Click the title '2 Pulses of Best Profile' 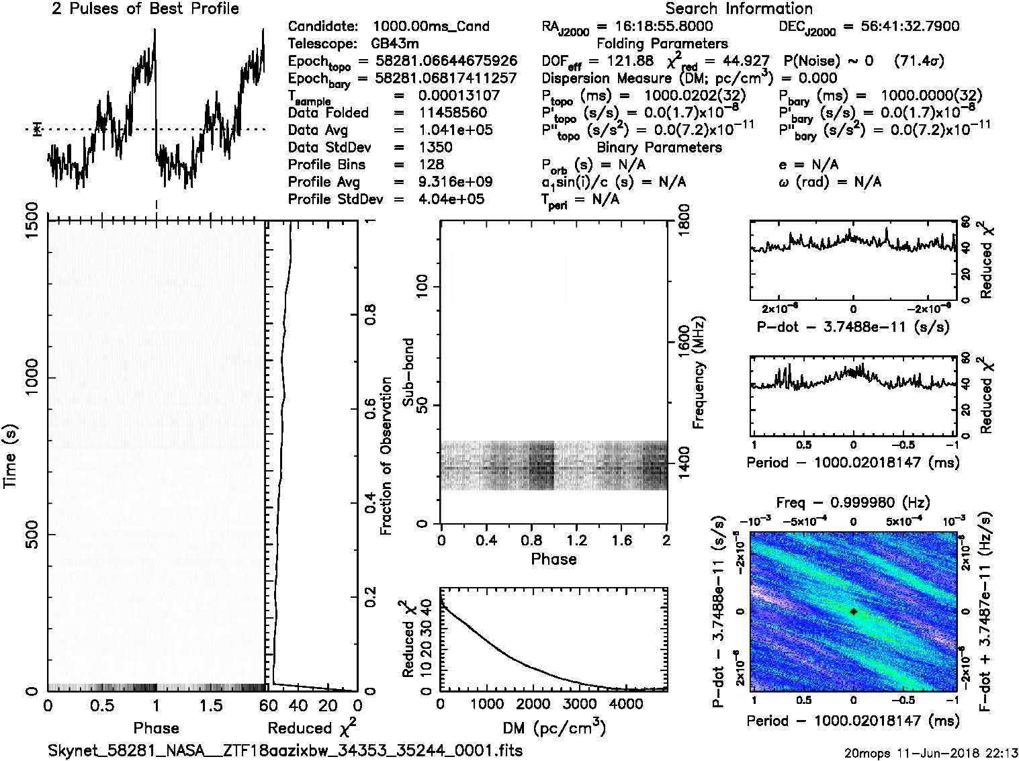[x=145, y=9]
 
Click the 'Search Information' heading [x=739, y=9]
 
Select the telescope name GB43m [x=397, y=44]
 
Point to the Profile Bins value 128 [x=431, y=165]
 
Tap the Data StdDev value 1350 [x=435, y=147]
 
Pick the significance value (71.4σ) [x=919, y=61]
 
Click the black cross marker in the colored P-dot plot [x=853, y=611]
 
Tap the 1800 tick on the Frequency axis [x=682, y=222]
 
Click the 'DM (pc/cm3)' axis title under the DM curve [x=553, y=727]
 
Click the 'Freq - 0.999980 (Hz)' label [x=853, y=502]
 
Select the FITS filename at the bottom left [x=285, y=750]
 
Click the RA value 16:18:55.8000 [x=654, y=26]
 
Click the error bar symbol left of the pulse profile [x=38, y=129]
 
